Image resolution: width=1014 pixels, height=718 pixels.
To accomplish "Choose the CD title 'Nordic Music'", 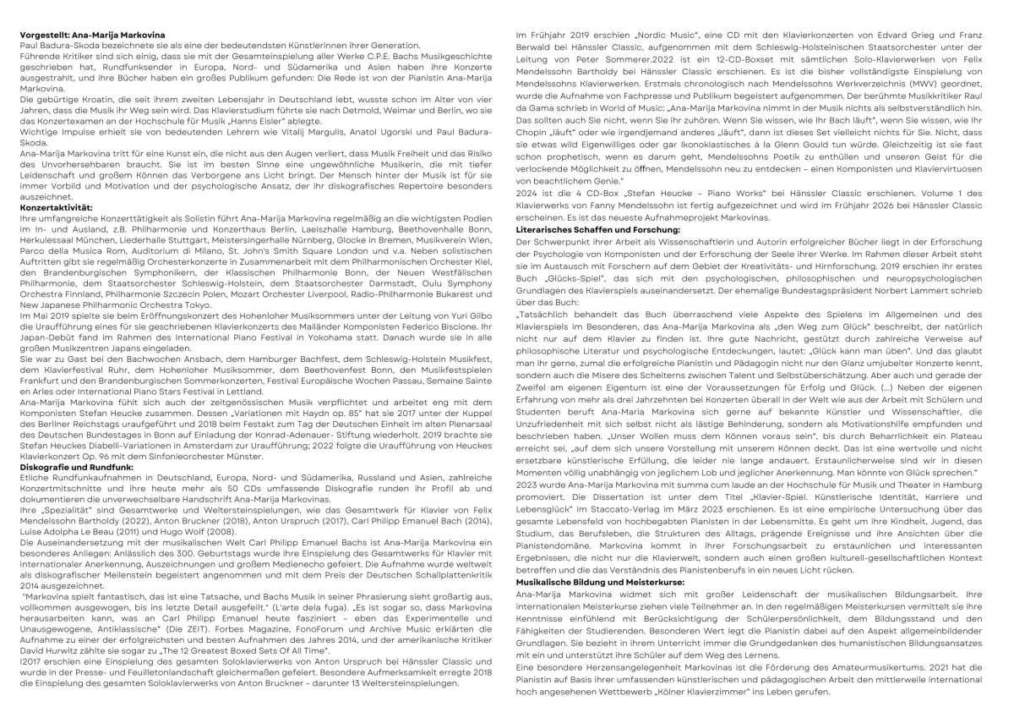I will [631, 33].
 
